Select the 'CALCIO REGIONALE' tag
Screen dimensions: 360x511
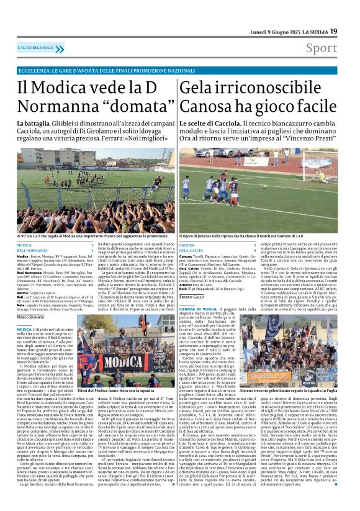[36, 48]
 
